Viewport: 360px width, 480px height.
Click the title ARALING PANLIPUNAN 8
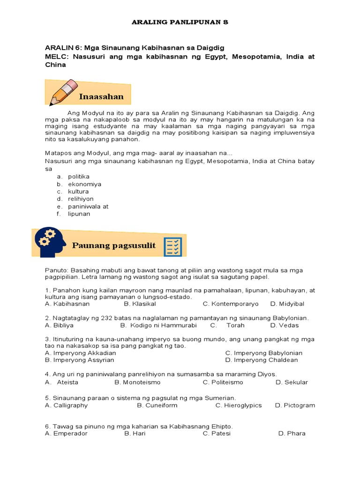(180, 22)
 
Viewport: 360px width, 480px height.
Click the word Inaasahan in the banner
(101, 97)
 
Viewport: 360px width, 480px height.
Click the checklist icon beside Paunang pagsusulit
(172, 247)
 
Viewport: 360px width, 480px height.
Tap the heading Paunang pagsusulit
(114, 245)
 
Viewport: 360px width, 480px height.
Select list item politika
(78, 177)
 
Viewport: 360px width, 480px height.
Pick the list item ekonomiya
(84, 184)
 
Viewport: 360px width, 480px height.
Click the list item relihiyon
(81, 199)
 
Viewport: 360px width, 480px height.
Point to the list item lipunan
(79, 214)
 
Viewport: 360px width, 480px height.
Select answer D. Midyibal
(287, 304)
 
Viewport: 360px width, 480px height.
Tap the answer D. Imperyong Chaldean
(261, 360)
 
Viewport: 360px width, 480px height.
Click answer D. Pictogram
(295, 405)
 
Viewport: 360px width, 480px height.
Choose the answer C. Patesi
(216, 433)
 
